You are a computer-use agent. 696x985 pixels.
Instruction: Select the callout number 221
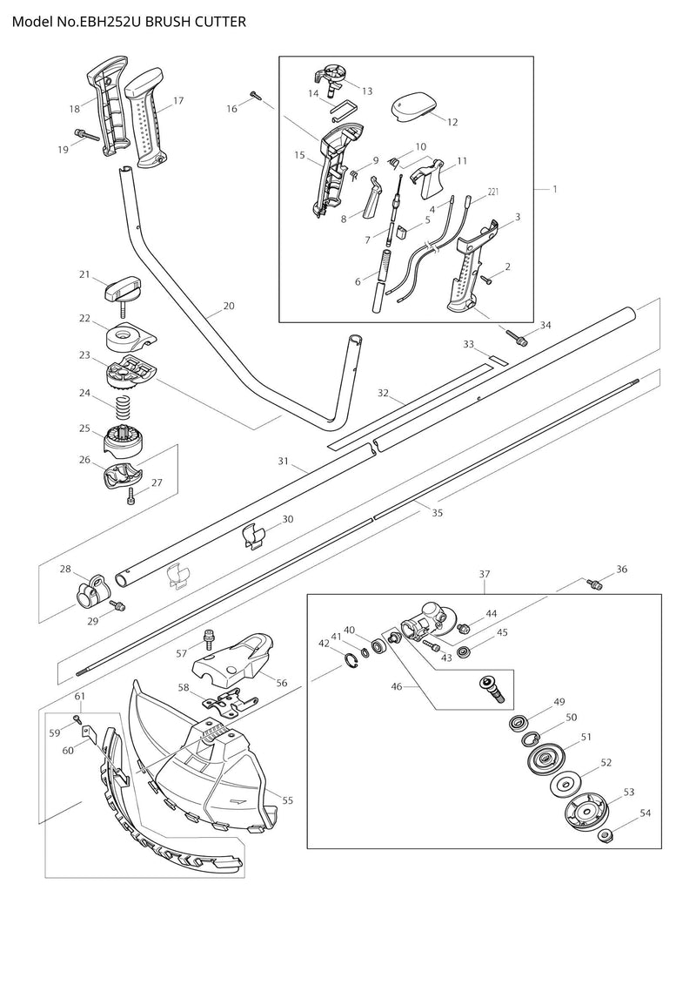coord(492,192)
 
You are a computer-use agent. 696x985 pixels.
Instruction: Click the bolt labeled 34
coord(519,338)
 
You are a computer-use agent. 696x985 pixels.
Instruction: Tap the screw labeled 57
coord(208,640)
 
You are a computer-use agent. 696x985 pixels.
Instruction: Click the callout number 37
coord(485,575)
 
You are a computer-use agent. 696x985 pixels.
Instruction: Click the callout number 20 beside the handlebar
coord(229,307)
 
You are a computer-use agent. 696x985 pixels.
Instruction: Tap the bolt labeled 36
coord(595,584)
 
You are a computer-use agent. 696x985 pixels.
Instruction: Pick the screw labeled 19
coord(84,135)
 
